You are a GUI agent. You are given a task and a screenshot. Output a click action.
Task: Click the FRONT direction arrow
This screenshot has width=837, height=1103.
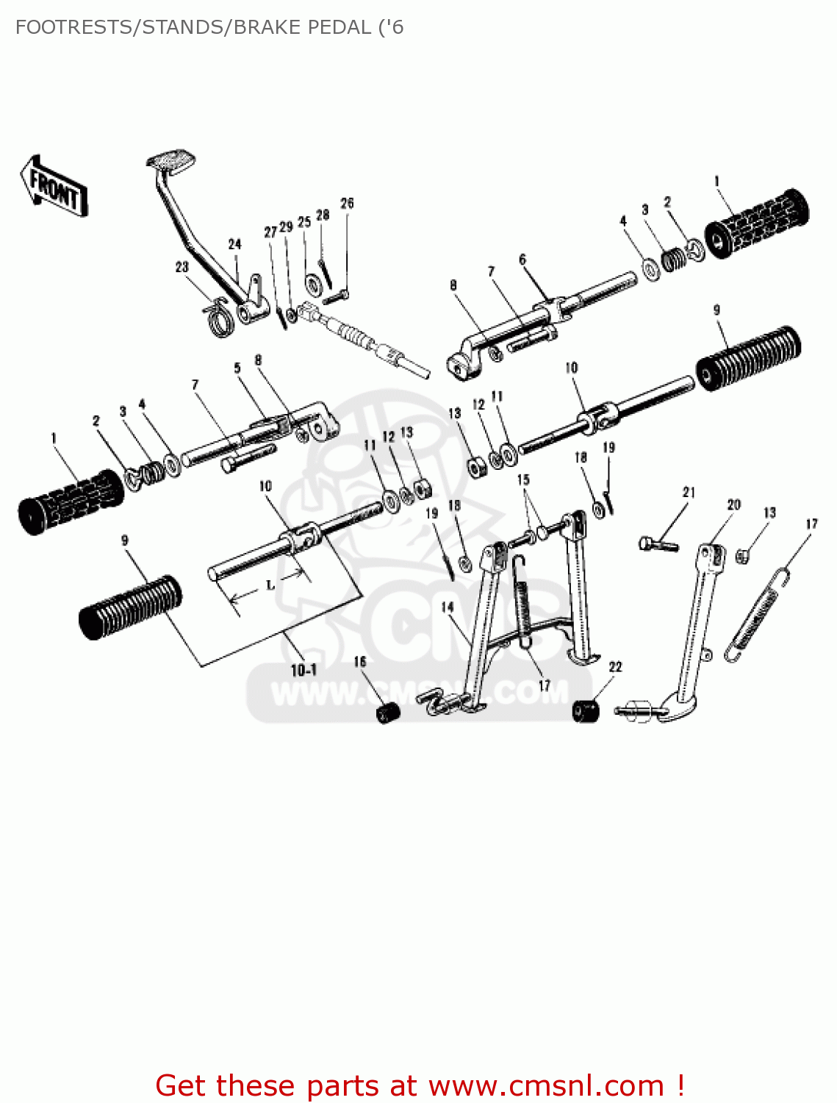coord(54,187)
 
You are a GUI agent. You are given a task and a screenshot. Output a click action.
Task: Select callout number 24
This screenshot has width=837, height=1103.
coord(234,244)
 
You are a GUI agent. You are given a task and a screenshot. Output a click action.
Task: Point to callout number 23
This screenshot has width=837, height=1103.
coord(182,267)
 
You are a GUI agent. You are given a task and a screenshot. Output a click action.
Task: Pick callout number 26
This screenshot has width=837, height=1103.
coord(347,203)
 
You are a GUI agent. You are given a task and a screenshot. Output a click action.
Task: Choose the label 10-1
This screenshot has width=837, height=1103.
coord(303,670)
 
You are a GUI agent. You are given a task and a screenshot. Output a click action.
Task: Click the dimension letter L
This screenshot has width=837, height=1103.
coord(270,585)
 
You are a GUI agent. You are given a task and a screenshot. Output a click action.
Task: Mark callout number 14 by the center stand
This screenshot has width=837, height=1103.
coord(448,607)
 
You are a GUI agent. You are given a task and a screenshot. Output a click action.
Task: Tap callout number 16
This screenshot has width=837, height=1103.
coord(359,662)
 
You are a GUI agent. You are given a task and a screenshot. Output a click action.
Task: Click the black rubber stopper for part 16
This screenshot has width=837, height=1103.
coord(388,713)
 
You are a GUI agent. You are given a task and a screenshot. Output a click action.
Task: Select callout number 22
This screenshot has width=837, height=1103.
coord(615,666)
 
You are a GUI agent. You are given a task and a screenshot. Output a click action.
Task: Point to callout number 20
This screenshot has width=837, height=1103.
coord(733,504)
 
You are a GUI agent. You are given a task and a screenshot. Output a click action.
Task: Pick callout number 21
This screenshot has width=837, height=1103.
coord(689,492)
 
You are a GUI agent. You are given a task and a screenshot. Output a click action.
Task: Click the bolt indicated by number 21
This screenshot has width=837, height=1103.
coord(658,545)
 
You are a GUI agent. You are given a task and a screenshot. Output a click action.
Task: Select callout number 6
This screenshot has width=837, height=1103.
coord(522,260)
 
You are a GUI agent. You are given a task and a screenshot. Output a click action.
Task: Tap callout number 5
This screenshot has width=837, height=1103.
coord(237,368)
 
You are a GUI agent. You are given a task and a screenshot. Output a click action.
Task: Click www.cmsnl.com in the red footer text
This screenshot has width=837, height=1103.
coord(546,1086)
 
